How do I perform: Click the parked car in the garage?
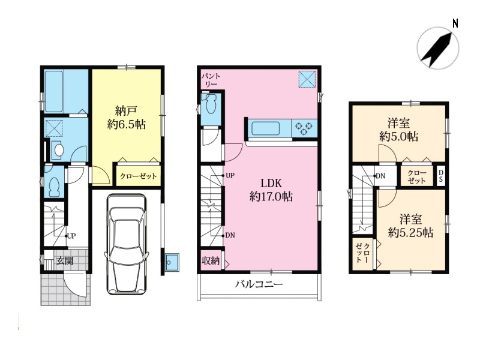(x=126, y=244)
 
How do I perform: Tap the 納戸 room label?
(x=126, y=110)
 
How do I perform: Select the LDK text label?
(x=271, y=183)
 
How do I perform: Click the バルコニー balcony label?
(x=259, y=284)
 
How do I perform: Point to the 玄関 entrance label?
(x=65, y=261)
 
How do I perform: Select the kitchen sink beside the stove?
(x=266, y=128)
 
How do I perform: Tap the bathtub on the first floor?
(x=54, y=91)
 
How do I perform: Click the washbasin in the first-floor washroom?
(x=58, y=150)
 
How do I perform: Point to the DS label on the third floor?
(x=440, y=176)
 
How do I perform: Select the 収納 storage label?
(x=211, y=261)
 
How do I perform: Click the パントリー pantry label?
(x=211, y=80)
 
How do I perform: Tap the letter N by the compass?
(x=455, y=23)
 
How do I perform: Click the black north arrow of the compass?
(x=436, y=49)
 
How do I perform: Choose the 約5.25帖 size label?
(x=410, y=233)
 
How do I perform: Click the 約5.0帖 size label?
(x=398, y=136)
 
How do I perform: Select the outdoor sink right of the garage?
(x=172, y=262)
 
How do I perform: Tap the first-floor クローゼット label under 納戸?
(x=139, y=176)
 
